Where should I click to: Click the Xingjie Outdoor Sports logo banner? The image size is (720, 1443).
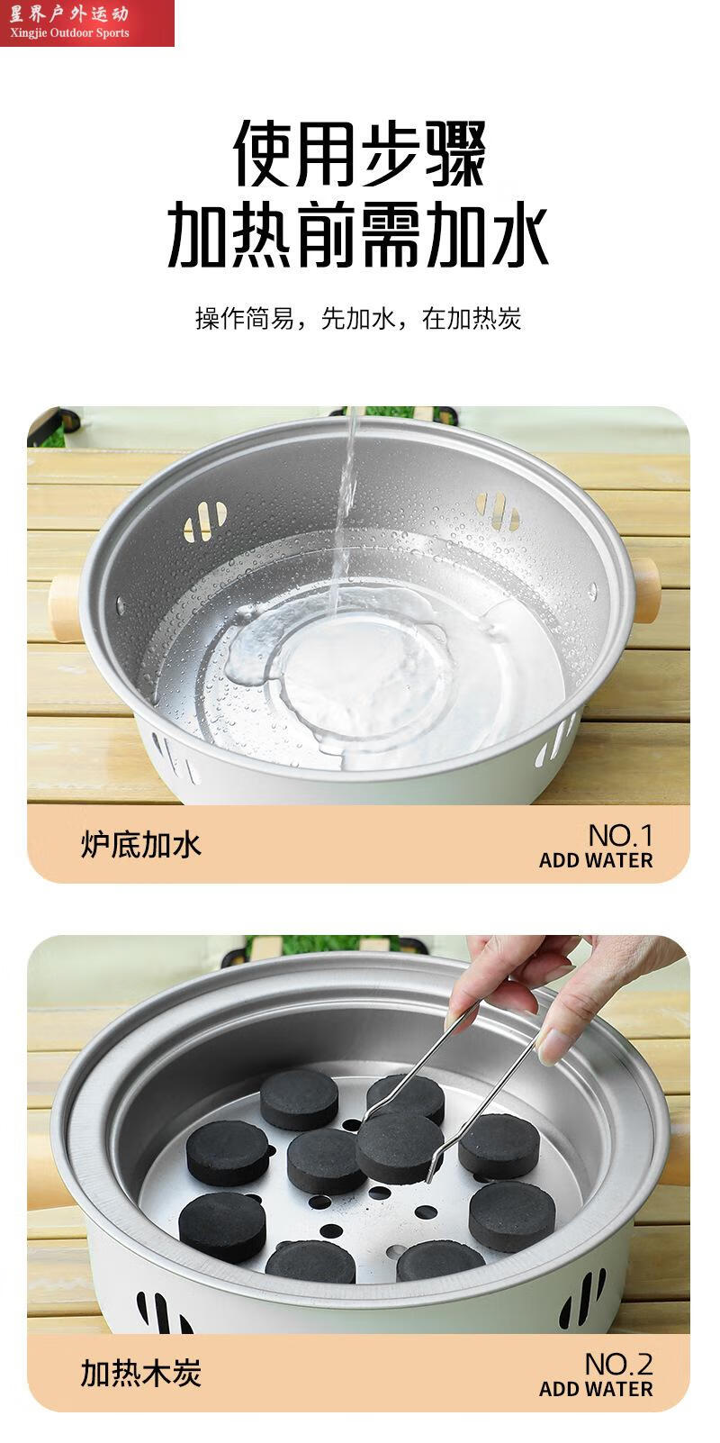point(86,23)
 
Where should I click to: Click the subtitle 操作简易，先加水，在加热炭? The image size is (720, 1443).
point(358,318)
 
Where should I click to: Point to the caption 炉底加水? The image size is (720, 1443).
point(141,845)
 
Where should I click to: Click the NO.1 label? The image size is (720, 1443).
point(620,835)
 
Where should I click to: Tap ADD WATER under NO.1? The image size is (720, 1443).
point(596,860)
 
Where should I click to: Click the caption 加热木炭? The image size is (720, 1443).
point(141,1374)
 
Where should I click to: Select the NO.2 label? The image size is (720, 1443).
point(618,1364)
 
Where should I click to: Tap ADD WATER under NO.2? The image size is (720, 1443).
point(596,1389)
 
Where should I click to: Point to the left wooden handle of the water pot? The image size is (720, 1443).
point(65,607)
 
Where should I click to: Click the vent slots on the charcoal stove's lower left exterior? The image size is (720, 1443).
point(162,1314)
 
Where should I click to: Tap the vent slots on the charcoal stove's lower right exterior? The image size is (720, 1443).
point(580,1297)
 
